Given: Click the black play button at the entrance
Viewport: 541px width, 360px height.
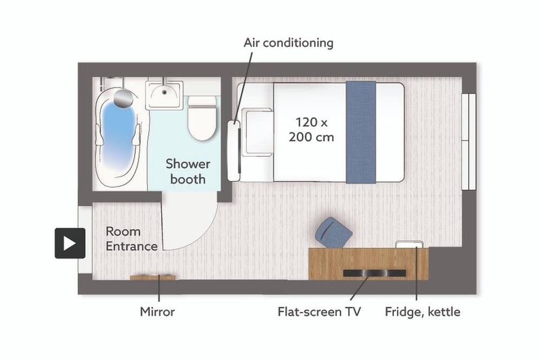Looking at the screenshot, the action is [x=70, y=243].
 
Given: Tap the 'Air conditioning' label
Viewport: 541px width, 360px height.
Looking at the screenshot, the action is [x=289, y=43].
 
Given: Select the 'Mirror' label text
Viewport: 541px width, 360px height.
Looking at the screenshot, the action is [x=157, y=312].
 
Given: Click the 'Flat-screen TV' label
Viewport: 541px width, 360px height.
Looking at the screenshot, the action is [x=319, y=312].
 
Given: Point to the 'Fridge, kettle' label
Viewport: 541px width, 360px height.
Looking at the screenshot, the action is [x=422, y=312].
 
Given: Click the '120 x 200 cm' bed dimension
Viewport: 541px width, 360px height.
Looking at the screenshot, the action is [x=311, y=130].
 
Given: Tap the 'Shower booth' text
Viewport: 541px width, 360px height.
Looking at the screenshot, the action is [x=188, y=172].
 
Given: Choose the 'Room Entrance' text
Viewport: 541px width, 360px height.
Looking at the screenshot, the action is [x=131, y=239].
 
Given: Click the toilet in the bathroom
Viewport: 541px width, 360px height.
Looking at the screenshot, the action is [x=202, y=118].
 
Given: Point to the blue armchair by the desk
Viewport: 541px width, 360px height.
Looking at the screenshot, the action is [x=333, y=233].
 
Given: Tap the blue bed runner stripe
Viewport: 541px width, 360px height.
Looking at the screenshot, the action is [x=361, y=132].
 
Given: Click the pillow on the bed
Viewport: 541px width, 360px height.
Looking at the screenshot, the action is [x=258, y=132].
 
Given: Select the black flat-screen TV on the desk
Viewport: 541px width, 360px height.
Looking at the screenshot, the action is [x=374, y=273].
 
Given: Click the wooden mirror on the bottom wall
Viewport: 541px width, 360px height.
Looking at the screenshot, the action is [x=153, y=277].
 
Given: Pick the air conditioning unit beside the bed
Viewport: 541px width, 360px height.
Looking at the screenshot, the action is [x=234, y=150].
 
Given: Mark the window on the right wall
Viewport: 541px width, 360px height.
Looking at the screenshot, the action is [x=469, y=141].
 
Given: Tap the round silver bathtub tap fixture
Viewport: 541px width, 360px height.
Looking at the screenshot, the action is [x=123, y=97].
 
